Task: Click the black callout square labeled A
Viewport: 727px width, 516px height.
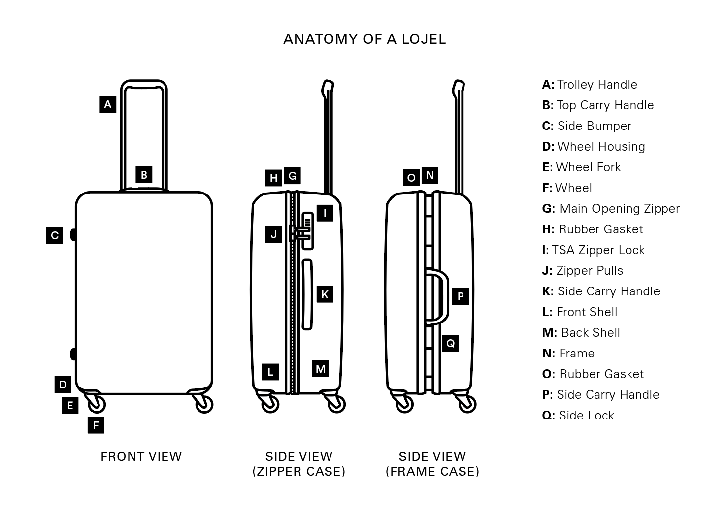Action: tap(108, 104)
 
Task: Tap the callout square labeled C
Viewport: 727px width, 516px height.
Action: tap(55, 235)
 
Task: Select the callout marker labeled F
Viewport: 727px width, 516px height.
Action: tap(96, 425)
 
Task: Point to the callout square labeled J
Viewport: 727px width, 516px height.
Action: tap(274, 234)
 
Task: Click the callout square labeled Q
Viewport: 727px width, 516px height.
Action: tap(451, 343)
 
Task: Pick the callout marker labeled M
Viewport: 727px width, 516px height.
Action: tap(321, 369)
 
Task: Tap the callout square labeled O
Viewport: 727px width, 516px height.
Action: tap(411, 178)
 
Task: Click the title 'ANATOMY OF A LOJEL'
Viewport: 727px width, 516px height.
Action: tap(364, 39)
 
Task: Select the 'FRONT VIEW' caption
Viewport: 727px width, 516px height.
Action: tap(141, 457)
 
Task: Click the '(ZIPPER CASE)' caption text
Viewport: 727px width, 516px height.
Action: tap(299, 472)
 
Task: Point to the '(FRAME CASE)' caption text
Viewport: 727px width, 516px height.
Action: tap(432, 472)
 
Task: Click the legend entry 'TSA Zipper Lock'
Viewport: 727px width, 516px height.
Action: tap(594, 250)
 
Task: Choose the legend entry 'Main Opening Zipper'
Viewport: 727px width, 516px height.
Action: tap(611, 209)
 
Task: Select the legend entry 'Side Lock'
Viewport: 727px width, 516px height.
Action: tap(578, 416)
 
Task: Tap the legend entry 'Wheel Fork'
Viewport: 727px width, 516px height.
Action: tap(582, 167)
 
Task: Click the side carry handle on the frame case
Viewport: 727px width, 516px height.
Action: tap(439, 297)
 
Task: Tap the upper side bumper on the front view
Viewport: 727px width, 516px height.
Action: tap(73, 235)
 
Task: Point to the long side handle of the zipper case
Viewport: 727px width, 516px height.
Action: tap(307, 294)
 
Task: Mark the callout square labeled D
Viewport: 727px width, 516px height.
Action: tap(63, 385)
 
